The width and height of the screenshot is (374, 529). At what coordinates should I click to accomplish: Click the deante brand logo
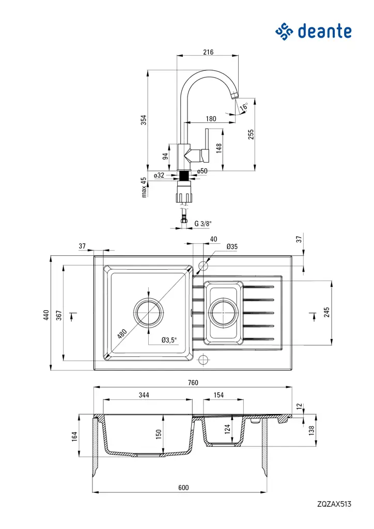tap(313, 31)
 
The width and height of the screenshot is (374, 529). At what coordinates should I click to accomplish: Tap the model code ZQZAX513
tap(334, 504)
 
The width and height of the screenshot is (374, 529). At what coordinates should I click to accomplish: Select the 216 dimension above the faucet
tap(208, 52)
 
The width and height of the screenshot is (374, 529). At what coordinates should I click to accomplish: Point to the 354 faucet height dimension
tap(144, 119)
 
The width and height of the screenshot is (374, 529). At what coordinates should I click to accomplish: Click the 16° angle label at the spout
tap(244, 106)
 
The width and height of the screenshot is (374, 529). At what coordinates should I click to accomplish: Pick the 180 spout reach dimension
tap(210, 119)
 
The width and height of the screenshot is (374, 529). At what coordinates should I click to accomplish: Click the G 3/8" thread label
tap(203, 224)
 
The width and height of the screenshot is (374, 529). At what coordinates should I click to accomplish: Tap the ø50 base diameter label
tap(202, 171)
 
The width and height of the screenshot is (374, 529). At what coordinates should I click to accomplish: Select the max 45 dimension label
tap(144, 187)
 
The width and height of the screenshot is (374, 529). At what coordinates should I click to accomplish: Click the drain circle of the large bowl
tap(149, 313)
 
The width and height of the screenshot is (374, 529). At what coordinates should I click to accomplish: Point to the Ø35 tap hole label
tap(232, 247)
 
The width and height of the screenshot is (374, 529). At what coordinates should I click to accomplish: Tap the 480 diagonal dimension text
tap(122, 333)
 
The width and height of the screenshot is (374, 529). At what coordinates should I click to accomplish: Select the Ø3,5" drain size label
tap(169, 339)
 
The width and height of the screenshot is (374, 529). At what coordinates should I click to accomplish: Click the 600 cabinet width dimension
tap(183, 488)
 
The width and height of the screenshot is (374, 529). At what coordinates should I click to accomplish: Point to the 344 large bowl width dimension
tap(144, 395)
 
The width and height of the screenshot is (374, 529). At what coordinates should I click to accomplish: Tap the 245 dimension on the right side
tap(326, 312)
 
